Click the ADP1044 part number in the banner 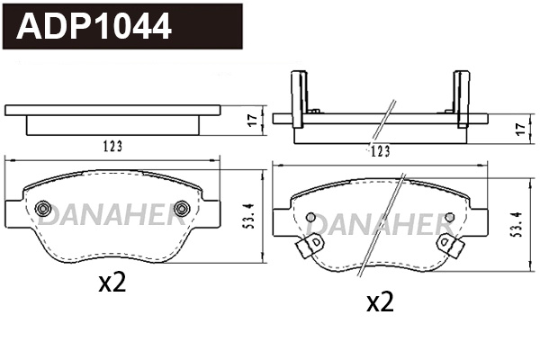point(94,27)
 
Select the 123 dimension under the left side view point(112,145)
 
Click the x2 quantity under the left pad point(112,283)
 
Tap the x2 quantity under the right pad point(381,302)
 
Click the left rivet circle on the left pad point(42,210)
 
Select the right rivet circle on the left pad point(181,210)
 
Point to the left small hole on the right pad point(310,218)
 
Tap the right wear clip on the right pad point(444,243)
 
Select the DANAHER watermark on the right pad point(380,223)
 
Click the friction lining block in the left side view point(112,125)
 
